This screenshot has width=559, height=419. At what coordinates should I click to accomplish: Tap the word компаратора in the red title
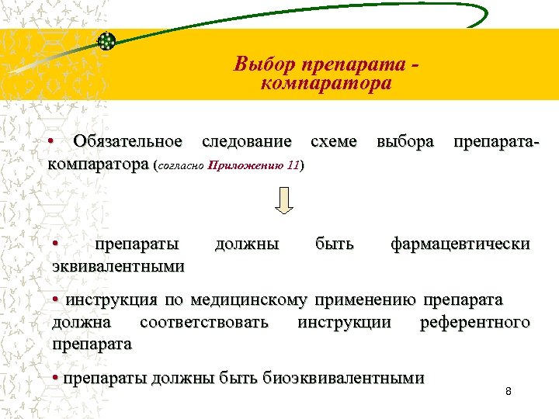326,82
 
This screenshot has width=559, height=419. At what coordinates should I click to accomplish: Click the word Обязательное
127,141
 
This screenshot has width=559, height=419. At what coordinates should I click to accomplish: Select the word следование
247,141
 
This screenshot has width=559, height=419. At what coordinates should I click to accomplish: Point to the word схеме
333,141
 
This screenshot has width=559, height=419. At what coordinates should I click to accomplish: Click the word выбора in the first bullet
404,141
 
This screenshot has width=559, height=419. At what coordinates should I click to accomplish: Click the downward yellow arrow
285,200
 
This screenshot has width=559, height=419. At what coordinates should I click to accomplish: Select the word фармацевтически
460,244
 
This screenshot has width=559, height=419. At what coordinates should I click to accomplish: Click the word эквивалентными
118,266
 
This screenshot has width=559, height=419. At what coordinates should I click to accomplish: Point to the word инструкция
111,300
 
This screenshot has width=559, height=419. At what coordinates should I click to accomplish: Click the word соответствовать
204,321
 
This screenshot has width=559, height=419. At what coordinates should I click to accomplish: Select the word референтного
474,321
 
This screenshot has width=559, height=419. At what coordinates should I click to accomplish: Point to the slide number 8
508,391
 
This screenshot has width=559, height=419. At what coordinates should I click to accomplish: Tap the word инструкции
344,321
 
